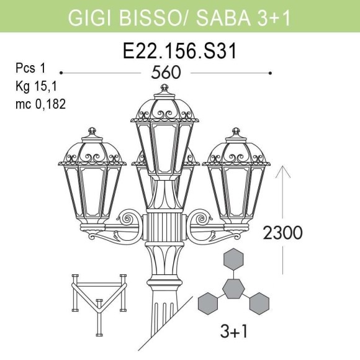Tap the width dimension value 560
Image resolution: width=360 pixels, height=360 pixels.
pyautogui.click(x=166, y=73)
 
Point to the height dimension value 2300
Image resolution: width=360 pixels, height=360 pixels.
pyautogui.click(x=282, y=233)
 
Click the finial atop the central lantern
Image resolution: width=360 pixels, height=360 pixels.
pyautogui.click(x=164, y=89)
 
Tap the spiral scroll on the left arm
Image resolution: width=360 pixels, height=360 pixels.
pyautogui.click(x=129, y=218)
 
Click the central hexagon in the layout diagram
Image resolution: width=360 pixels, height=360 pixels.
pyautogui.click(x=233, y=288)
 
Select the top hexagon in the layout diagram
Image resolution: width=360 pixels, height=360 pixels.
pyautogui.click(x=233, y=258)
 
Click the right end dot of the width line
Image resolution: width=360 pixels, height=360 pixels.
pyautogui.click(x=271, y=73)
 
